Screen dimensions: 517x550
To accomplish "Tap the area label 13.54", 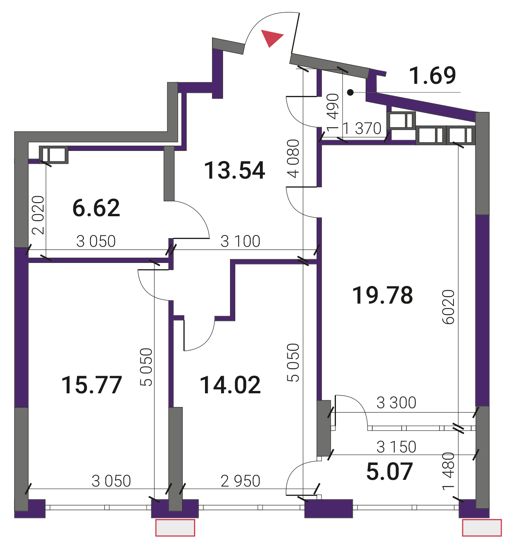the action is pos(234,170).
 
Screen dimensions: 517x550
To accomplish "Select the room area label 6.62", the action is pos(96,208).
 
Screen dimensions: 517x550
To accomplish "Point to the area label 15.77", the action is pos(91,385).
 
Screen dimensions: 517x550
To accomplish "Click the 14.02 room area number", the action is pos(230,385).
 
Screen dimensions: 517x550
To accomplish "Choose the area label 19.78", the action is pos(382,295).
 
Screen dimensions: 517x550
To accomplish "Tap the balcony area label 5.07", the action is pos(389,472).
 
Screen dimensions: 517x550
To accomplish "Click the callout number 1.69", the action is pos(432,75).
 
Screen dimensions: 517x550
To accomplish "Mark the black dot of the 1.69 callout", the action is pos(350,92).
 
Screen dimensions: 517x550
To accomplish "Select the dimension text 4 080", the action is pos(293,158).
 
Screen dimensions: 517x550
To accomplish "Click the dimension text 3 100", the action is pos(240,241).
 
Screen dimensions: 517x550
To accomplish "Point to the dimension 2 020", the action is pos(38,215).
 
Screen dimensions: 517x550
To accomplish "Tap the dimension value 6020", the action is pos(448,307).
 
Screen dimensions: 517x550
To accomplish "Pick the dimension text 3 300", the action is pos(396,403).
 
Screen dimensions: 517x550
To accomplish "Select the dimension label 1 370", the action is pos(362,128).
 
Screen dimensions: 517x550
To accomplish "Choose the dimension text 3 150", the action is pos(396,447).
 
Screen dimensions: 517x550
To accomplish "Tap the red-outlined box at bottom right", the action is pos(482,528).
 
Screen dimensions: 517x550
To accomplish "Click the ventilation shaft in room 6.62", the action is pos(54,154).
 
